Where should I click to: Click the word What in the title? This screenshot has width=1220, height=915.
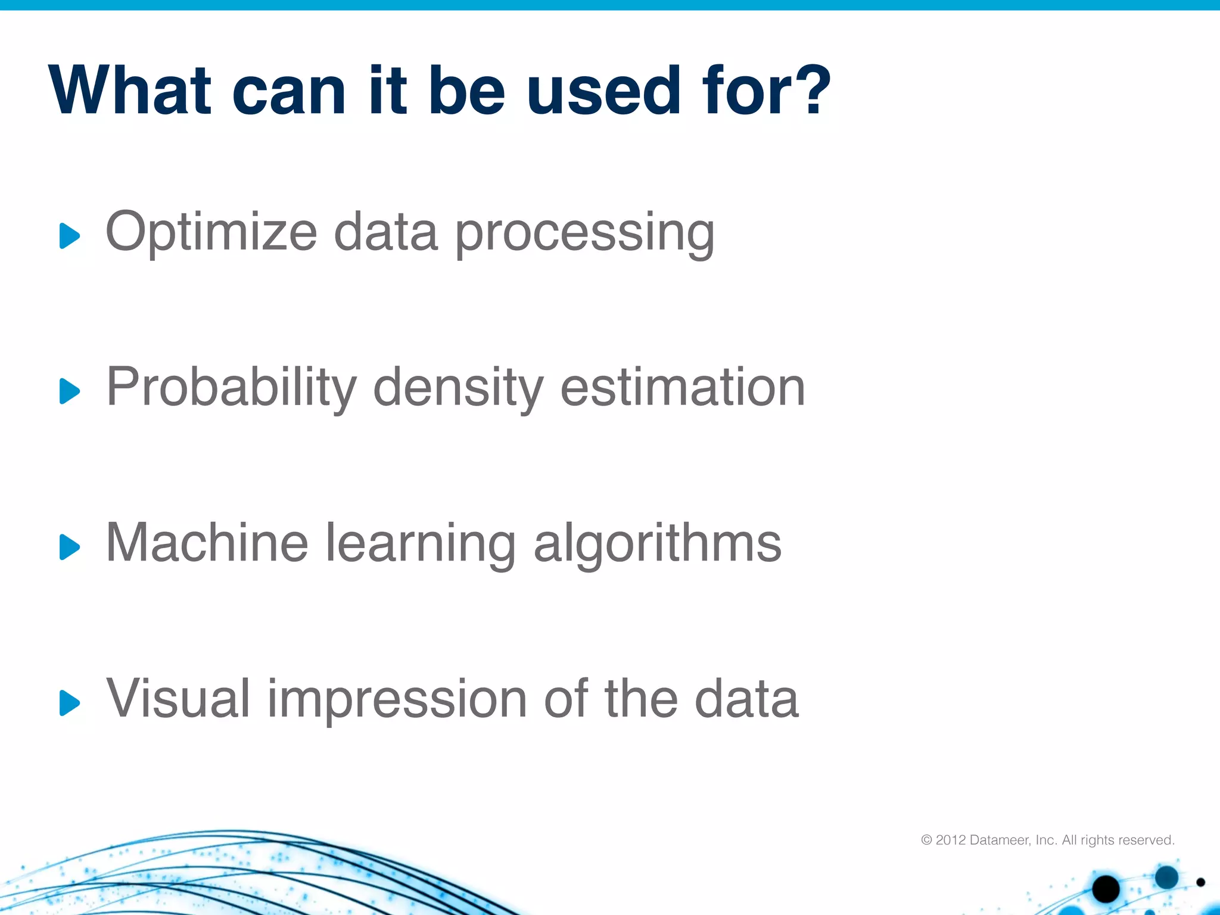tap(130, 91)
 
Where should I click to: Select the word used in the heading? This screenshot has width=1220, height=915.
tap(603, 91)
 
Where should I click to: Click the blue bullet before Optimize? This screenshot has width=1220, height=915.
tap(69, 236)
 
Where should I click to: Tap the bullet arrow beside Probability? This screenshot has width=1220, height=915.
tap(69, 391)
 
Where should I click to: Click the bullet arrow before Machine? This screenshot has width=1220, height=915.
tap(69, 547)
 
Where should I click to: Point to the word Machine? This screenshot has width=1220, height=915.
tap(207, 543)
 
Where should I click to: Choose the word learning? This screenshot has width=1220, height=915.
tap(420, 544)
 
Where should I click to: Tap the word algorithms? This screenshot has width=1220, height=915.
tap(657, 544)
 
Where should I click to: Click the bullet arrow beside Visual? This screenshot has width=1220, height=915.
tap(69, 703)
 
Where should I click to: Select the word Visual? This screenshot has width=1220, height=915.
tap(178, 698)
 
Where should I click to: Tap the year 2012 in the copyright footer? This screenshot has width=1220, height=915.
tap(951, 840)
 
